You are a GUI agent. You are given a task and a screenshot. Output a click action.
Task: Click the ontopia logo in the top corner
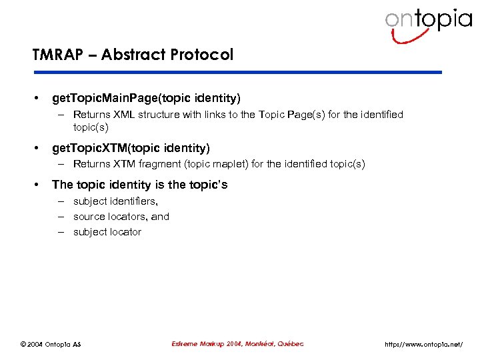[x=427, y=23]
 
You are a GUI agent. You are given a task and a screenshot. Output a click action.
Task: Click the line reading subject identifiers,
[x=115, y=201]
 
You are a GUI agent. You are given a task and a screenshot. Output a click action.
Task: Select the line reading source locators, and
[x=121, y=217]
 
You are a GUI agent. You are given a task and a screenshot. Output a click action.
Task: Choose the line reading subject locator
[x=107, y=232]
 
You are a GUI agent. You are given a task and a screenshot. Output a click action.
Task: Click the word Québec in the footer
[x=289, y=344]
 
